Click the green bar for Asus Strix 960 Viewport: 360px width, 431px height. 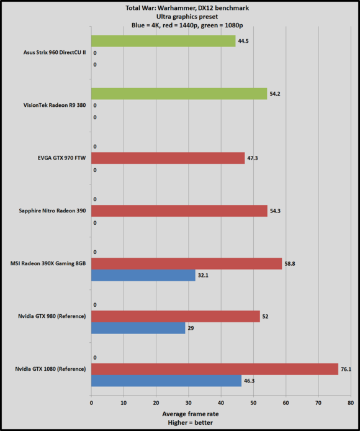tap(163, 41)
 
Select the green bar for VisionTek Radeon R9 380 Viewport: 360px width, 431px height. tap(179, 94)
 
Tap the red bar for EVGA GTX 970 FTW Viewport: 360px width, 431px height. tap(168, 158)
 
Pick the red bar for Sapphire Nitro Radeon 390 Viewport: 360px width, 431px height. tap(179, 211)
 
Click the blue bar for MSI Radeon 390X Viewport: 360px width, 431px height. tap(143, 275)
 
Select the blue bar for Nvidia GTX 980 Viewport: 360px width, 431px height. tap(138, 328)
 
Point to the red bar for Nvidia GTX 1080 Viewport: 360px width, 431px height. tap(214, 369)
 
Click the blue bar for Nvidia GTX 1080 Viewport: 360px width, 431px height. tap(166, 381)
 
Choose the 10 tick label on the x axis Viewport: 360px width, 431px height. tap(124, 401)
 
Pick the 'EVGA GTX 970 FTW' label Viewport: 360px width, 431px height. tap(60, 158)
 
